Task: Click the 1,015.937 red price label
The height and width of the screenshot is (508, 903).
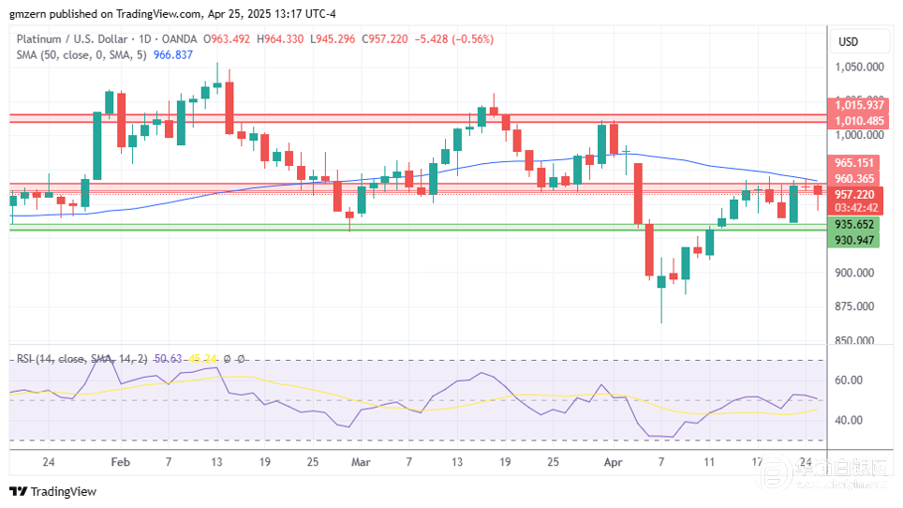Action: [858, 106]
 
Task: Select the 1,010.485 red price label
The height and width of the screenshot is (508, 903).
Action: [858, 121]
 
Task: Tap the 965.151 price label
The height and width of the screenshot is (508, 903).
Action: [854, 163]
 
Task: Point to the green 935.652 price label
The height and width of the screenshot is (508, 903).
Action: [854, 225]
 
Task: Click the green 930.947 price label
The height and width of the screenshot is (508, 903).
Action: [854, 241]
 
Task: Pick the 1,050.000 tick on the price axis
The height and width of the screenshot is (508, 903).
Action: [861, 67]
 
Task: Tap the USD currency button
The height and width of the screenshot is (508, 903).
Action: [849, 41]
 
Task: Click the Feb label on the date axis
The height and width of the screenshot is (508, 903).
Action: [119, 462]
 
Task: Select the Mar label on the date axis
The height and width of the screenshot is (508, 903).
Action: [361, 462]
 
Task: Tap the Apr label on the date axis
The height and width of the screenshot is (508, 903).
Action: [614, 462]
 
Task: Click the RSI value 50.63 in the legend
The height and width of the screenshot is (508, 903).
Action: [170, 359]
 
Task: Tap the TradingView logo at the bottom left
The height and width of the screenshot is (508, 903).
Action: [53, 491]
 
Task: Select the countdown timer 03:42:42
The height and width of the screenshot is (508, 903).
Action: [854, 208]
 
